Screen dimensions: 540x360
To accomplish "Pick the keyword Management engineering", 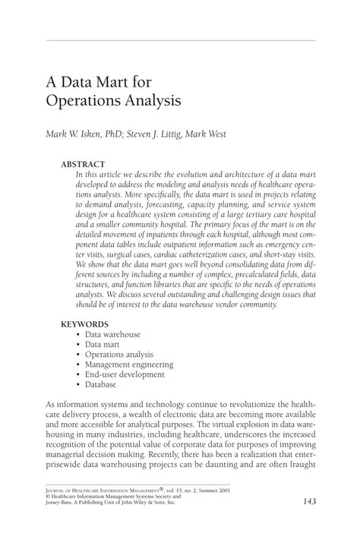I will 129,364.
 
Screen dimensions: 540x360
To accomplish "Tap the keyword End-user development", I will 124,374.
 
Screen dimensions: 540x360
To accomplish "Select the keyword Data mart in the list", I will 104,344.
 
